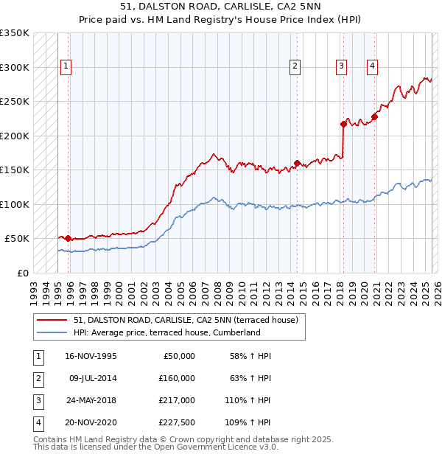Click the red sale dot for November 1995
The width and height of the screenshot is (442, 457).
pyautogui.click(x=69, y=238)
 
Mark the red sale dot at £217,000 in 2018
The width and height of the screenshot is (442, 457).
pyautogui.click(x=343, y=124)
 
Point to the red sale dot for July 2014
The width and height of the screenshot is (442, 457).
pyautogui.click(x=297, y=163)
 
